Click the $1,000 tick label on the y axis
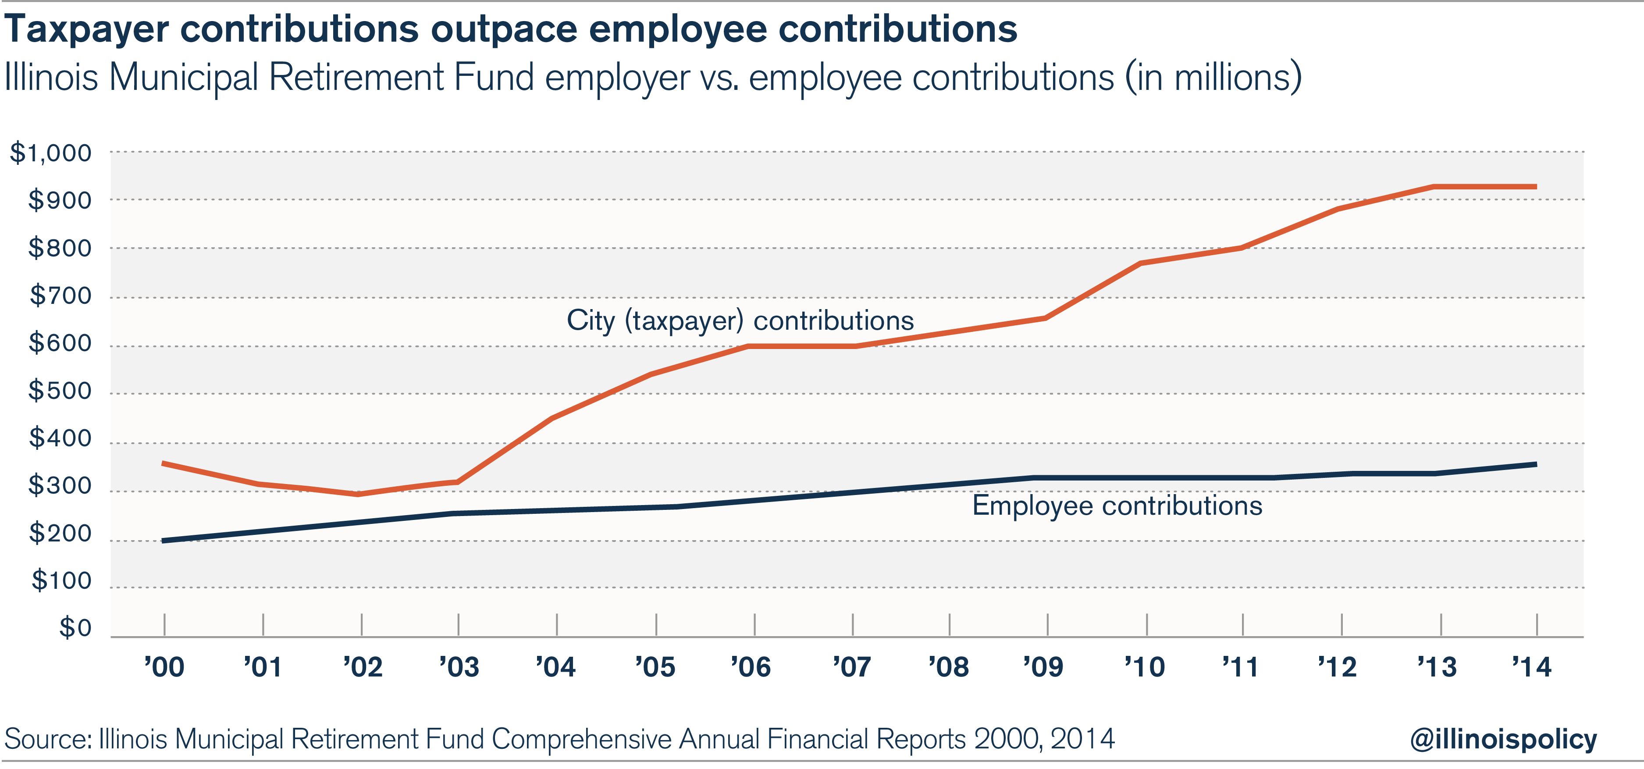[51, 153]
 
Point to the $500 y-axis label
[60, 391]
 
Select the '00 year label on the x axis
[164, 667]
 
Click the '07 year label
[852, 667]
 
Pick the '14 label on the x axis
[1532, 667]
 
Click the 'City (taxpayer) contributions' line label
[740, 320]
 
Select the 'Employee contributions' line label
[1117, 506]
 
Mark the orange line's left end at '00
[164, 463]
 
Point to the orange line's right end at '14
[1535, 187]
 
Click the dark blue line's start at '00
[164, 541]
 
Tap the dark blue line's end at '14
[1535, 464]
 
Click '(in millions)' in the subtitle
[1213, 78]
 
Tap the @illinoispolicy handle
[1503, 739]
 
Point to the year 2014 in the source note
[1082, 739]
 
